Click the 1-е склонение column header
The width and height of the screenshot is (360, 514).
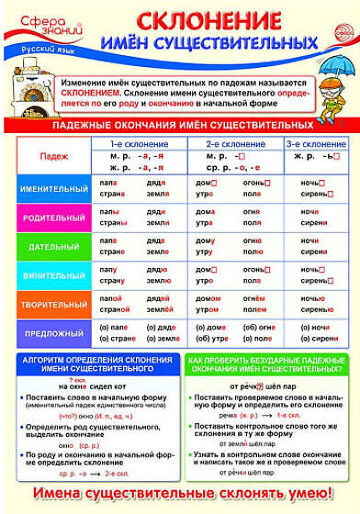pos(138,146)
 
